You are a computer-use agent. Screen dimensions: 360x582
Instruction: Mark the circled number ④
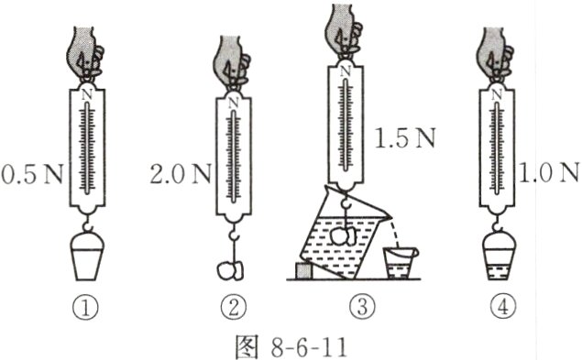[x=499, y=308]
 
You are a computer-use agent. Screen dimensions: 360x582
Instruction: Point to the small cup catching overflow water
[x=400, y=263]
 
